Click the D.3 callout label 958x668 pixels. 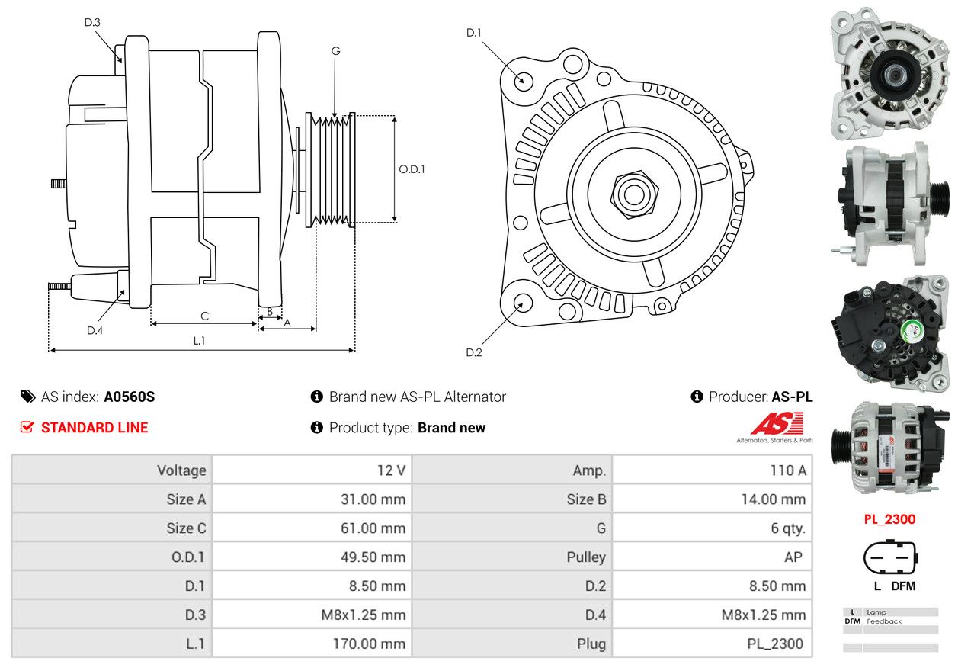click(x=92, y=22)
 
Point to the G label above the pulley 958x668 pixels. click(x=336, y=51)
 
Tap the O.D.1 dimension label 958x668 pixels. click(x=412, y=169)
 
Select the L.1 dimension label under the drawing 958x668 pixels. click(x=200, y=341)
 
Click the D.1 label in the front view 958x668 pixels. click(x=474, y=33)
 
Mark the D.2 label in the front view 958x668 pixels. click(x=474, y=352)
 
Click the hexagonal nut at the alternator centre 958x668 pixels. click(x=634, y=194)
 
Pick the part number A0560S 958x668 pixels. click(x=129, y=397)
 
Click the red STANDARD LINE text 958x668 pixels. click(x=95, y=428)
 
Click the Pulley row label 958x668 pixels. click(x=586, y=557)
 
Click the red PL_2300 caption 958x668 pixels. click(x=889, y=519)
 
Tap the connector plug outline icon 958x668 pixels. click(x=890, y=557)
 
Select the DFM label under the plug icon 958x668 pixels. click(x=903, y=586)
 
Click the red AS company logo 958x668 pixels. click(x=777, y=423)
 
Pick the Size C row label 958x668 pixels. click(x=186, y=528)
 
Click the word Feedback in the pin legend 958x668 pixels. click(x=884, y=621)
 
